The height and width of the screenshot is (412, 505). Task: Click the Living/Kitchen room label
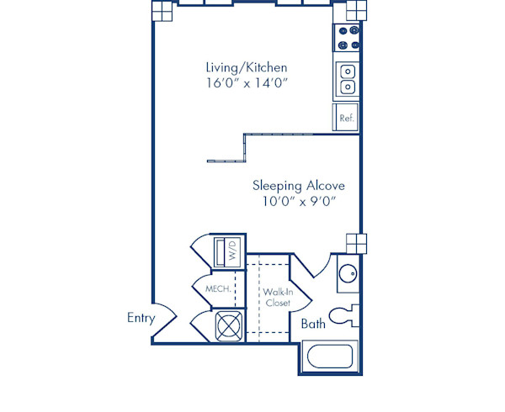pyautogui.click(x=247, y=66)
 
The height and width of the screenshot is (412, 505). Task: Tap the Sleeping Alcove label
pyautogui.click(x=299, y=185)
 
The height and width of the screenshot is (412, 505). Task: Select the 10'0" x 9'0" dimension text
pyautogui.click(x=299, y=201)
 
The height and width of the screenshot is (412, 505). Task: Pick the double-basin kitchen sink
pyautogui.click(x=347, y=80)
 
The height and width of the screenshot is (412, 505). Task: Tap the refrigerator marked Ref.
pyautogui.click(x=346, y=118)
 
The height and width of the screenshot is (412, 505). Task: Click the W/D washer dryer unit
pyautogui.click(x=229, y=252)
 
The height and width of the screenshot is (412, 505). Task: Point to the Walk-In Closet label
pyautogui.click(x=278, y=297)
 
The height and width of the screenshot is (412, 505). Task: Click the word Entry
pyautogui.click(x=141, y=317)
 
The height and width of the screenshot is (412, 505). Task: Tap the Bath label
pyautogui.click(x=313, y=323)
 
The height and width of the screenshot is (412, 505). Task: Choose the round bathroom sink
pyautogui.click(x=349, y=272)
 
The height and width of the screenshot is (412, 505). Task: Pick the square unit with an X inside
pyautogui.click(x=228, y=325)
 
